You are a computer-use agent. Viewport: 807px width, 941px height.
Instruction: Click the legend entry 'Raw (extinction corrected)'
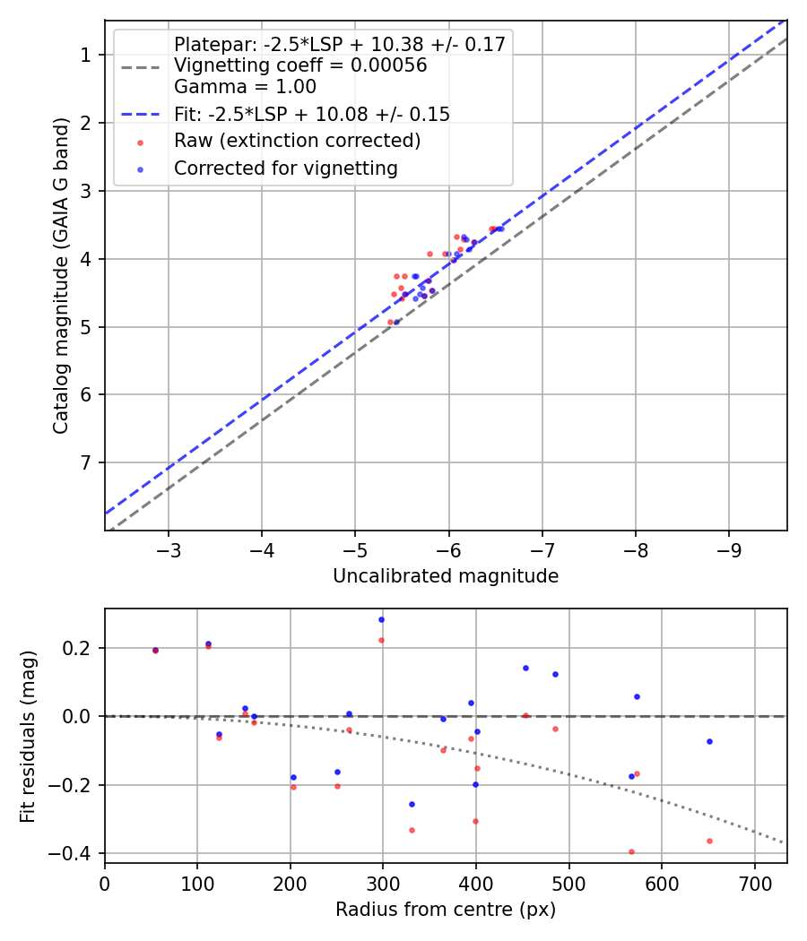point(297,142)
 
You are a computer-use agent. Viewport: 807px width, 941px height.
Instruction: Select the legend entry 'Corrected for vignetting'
point(285,168)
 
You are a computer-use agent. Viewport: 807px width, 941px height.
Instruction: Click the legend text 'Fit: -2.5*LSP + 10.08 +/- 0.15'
point(311,115)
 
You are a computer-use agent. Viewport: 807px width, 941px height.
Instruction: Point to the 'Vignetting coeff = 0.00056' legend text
point(300,65)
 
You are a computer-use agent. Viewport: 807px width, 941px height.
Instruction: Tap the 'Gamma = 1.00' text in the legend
point(245,88)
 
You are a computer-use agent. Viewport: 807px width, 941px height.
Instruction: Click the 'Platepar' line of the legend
point(339,44)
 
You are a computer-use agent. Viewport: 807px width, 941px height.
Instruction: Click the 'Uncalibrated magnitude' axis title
point(446,576)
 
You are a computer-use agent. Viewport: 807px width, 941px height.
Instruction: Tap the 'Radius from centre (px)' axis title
point(446,911)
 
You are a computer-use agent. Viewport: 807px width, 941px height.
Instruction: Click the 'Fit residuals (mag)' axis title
point(28,735)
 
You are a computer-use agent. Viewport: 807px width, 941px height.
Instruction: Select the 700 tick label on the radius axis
point(754,881)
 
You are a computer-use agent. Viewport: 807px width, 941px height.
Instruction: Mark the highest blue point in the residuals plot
point(381,619)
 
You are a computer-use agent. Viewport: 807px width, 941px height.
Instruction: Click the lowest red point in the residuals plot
point(631,851)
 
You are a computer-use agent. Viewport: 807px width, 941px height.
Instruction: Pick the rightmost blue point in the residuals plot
point(709,741)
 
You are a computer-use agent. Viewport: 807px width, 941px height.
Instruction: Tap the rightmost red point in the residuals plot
point(709,841)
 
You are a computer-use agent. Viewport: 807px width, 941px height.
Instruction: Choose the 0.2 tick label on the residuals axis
point(82,648)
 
